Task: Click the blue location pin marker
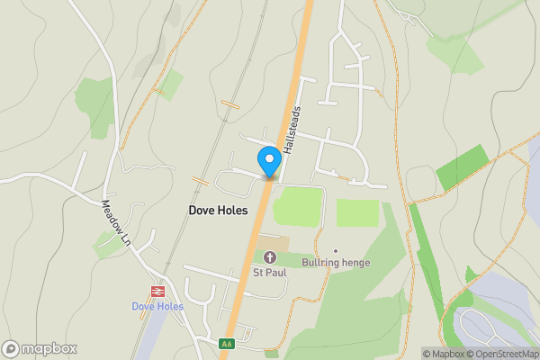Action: pyautogui.click(x=268, y=161)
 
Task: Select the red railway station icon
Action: pyautogui.click(x=157, y=292)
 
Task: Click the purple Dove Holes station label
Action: pyautogui.click(x=157, y=306)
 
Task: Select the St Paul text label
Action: pyautogui.click(x=268, y=273)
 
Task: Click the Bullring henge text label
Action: pyautogui.click(x=336, y=263)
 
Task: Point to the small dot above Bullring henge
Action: pyautogui.click(x=336, y=250)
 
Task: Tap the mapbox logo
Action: pyautogui.click(x=40, y=349)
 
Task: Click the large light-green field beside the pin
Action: pyautogui.click(x=297, y=208)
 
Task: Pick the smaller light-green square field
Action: pyautogui.click(x=357, y=212)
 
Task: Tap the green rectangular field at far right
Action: pyautogui.click(x=462, y=168)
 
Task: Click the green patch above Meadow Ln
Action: pyautogui.click(x=94, y=95)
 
